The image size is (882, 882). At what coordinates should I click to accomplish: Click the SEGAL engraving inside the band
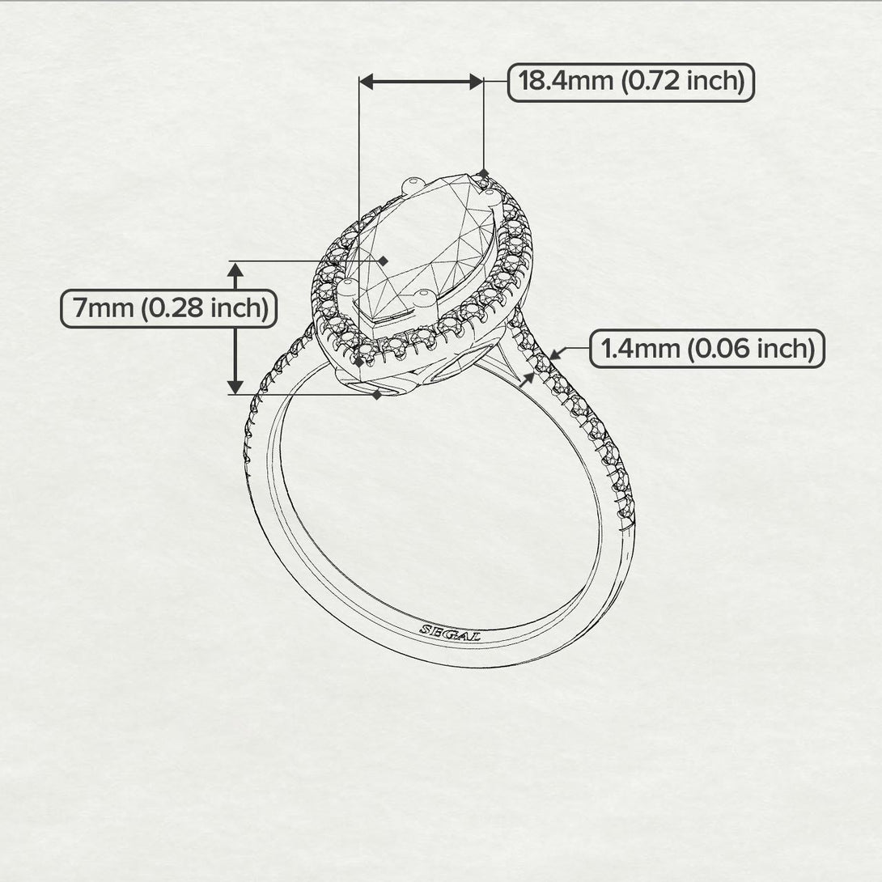tap(450, 632)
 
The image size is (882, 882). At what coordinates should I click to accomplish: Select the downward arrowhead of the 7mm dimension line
tap(235, 386)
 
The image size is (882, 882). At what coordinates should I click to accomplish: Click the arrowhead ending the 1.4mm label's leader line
tap(553, 354)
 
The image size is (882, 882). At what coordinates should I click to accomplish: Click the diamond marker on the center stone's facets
tap(384, 261)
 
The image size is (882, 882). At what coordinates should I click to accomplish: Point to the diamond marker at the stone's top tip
tap(483, 173)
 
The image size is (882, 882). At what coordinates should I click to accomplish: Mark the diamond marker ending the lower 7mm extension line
tap(377, 395)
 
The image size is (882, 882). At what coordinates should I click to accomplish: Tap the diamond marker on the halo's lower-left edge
tap(359, 362)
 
